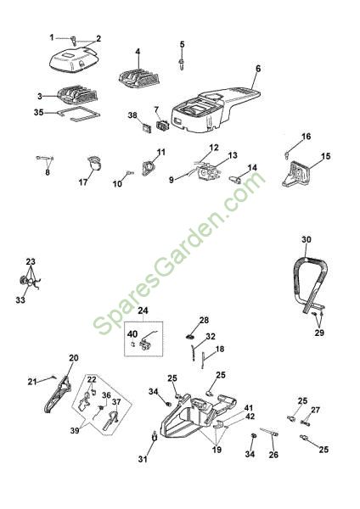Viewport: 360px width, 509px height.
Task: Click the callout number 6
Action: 258,69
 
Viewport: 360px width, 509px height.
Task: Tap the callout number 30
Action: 306,239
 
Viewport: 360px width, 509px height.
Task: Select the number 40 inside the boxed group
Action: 132,333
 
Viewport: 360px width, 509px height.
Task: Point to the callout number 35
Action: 39,112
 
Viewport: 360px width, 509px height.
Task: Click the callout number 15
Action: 325,156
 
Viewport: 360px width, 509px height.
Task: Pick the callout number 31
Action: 143,459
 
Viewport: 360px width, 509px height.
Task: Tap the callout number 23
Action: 31,261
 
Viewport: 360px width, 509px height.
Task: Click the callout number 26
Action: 273,455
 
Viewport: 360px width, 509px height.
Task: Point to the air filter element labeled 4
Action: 138,79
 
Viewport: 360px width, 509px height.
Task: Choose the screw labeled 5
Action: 182,64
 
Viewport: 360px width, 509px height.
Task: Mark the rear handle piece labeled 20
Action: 59,394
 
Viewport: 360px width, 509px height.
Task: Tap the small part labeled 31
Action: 155,436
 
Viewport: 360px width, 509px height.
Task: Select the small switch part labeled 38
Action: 146,127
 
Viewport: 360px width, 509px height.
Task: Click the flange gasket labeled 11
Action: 149,169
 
